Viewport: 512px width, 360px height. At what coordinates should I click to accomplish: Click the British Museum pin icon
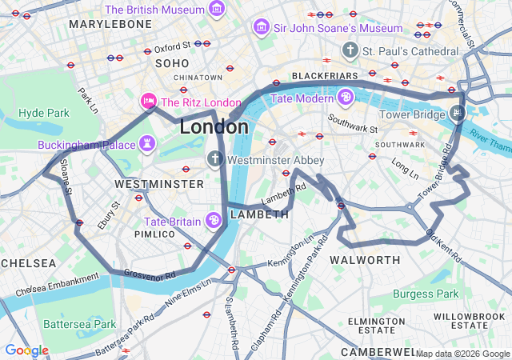216,10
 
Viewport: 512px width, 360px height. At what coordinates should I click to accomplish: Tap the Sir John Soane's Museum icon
261,28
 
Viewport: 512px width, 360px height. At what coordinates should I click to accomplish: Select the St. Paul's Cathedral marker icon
349,51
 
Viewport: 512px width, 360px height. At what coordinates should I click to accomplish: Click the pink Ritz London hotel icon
148,102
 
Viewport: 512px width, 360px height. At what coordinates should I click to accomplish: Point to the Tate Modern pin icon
345,98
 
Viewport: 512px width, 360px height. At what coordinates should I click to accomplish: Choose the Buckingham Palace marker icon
147,145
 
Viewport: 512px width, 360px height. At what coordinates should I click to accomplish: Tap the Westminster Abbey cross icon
214,159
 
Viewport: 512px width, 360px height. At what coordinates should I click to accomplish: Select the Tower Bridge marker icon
456,112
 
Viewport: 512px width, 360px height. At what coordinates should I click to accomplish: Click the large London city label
214,126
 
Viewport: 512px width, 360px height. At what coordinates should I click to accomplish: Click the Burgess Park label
426,294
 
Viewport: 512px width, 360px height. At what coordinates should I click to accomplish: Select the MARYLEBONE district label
110,24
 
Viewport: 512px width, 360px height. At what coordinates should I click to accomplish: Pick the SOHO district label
172,62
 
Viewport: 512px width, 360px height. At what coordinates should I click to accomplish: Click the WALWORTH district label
365,260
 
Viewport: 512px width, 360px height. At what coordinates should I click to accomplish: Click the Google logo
26,350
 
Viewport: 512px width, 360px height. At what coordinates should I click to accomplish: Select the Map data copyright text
462,354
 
